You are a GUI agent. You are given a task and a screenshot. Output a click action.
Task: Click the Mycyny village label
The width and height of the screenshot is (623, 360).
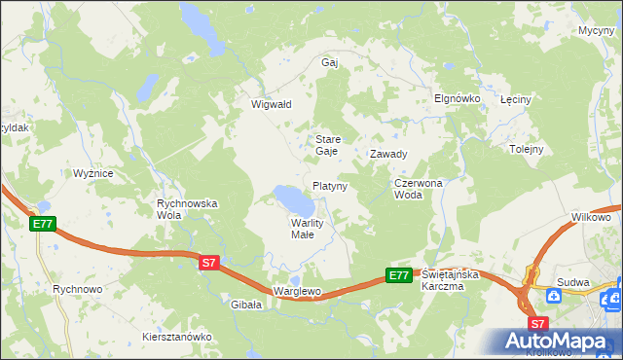(595, 31)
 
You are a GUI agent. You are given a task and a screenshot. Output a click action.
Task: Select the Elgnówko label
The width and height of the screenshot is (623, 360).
(453, 98)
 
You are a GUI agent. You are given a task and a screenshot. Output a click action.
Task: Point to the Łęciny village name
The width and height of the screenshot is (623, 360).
(515, 100)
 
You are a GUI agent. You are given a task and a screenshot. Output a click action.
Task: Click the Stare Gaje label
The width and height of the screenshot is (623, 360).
(326, 145)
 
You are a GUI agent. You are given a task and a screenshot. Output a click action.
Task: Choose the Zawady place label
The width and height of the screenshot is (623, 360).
(387, 154)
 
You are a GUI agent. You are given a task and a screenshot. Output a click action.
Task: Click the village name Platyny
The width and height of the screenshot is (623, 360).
(330, 185)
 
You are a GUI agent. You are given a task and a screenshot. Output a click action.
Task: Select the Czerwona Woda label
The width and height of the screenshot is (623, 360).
(419, 189)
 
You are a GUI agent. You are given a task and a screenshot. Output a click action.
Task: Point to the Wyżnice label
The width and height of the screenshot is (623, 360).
(93, 173)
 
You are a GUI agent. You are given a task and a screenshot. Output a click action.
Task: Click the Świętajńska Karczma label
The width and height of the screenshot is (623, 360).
(452, 280)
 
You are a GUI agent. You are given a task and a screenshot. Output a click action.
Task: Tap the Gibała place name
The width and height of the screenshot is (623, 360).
(246, 305)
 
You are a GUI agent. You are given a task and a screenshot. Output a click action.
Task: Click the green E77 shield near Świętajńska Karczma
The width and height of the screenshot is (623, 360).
(398, 275)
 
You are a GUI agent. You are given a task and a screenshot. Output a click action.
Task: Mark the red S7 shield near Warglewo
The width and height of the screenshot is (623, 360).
(209, 263)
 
